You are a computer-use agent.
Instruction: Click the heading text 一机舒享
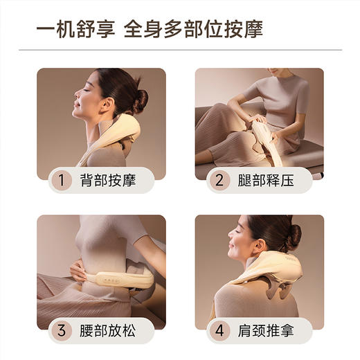click(x=75, y=30)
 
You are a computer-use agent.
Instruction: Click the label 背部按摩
click(x=107, y=181)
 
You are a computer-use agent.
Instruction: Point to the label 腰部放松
click(x=107, y=330)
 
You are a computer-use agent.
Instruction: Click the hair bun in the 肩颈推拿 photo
click(x=294, y=235)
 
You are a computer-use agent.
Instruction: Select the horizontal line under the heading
click(x=180, y=50)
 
